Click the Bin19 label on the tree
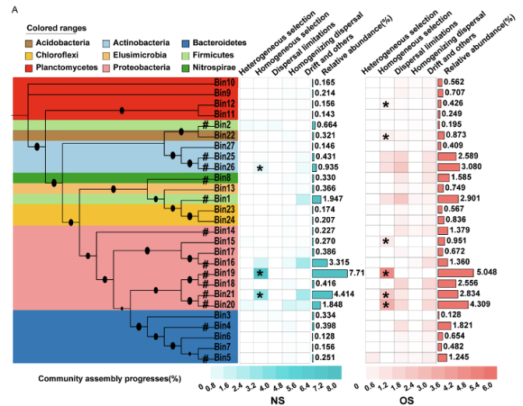(224, 273)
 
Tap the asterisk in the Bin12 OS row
(384, 103)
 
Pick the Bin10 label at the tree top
(224, 82)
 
